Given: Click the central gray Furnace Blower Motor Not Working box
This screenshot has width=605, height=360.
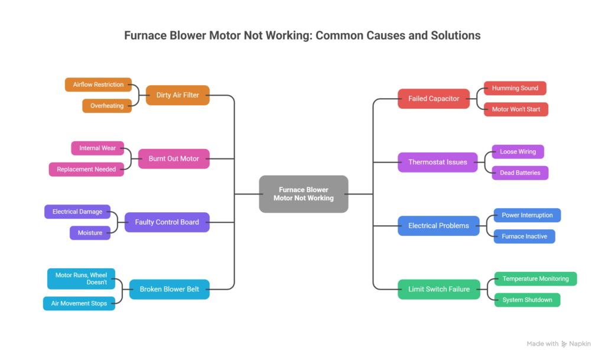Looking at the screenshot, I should point(303,194).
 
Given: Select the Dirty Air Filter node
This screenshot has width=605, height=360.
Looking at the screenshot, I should point(177,95).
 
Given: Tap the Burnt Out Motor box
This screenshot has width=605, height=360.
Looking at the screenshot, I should point(174,158).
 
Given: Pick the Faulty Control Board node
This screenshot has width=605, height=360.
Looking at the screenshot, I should point(167,222).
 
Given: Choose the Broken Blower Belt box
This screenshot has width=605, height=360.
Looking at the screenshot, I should point(169,289).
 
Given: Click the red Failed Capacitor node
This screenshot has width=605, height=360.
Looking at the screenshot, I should point(434,99).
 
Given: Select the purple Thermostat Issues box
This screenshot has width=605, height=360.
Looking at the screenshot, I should point(437,162).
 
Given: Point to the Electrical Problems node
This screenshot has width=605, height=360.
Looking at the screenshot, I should point(438,226).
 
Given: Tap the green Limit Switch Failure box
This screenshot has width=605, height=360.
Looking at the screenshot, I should point(439,289).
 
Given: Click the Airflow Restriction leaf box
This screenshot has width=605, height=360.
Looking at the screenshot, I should point(98,85).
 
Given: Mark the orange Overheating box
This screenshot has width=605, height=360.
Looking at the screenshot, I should point(107,106).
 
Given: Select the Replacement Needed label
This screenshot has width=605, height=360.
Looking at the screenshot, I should point(86,169).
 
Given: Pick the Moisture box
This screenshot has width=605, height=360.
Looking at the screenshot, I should point(90,233).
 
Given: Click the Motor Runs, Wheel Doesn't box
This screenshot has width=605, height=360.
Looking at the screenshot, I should point(81,278).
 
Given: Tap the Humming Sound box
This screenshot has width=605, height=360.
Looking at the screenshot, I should point(515,88).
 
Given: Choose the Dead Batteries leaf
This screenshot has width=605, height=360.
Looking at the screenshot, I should point(520,173).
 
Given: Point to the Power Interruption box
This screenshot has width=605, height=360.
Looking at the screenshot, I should point(527,215).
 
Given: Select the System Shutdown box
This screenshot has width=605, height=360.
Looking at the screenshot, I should point(527,300).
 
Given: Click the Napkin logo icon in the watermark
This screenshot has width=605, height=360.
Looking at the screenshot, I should point(564,344).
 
